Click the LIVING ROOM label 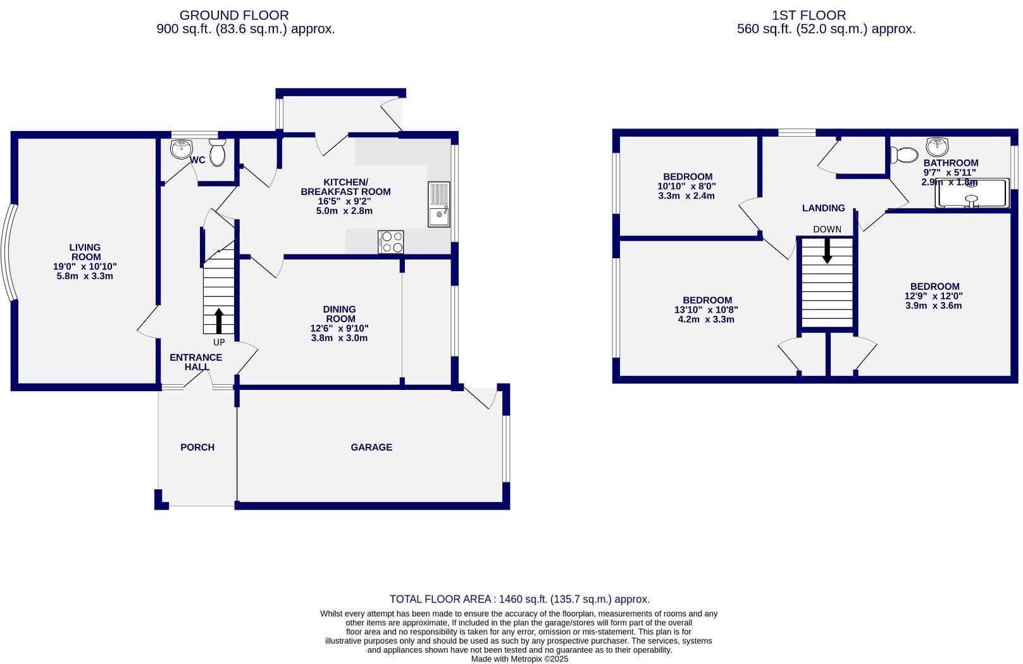click(85, 252)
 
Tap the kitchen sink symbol click(438, 204)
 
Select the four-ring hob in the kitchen click(390, 242)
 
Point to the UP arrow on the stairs click(219, 320)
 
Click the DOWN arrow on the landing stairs click(827, 251)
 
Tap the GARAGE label click(371, 447)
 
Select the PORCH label click(197, 447)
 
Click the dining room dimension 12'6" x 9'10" click(339, 329)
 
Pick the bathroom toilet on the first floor click(903, 154)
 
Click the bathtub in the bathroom click(972, 194)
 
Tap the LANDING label click(823, 208)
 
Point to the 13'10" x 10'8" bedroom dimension click(706, 310)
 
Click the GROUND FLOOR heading click(234, 15)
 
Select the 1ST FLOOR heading click(809, 15)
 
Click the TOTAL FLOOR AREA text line click(519, 599)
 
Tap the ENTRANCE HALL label click(196, 362)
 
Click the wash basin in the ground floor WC click(182, 149)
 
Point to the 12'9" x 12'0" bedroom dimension click(934, 296)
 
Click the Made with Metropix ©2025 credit click(519, 659)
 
